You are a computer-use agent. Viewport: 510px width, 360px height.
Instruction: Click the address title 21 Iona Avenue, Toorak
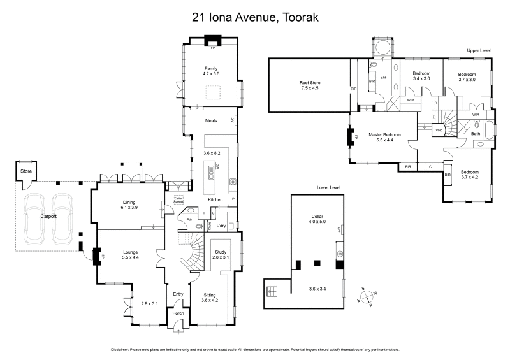tap(255, 17)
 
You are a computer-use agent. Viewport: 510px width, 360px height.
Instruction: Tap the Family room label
tap(211, 71)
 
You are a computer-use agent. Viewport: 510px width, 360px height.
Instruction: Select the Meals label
tap(211, 120)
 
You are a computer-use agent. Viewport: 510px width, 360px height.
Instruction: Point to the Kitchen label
tap(215, 200)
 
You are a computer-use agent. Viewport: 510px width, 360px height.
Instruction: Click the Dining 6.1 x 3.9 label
tap(129, 205)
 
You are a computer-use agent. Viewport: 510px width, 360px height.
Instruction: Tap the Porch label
tap(178, 313)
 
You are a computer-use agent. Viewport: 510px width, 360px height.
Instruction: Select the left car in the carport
tap(33, 219)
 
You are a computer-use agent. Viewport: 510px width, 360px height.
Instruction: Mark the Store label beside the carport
tap(25, 171)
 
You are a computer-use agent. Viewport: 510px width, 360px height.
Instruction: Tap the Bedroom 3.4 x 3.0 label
tap(421, 76)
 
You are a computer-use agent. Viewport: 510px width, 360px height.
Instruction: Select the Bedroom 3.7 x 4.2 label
tap(469, 175)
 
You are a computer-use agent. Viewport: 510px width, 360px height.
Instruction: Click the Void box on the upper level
tap(439, 130)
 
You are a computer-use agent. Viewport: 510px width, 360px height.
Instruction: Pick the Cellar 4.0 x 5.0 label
tap(317, 219)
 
